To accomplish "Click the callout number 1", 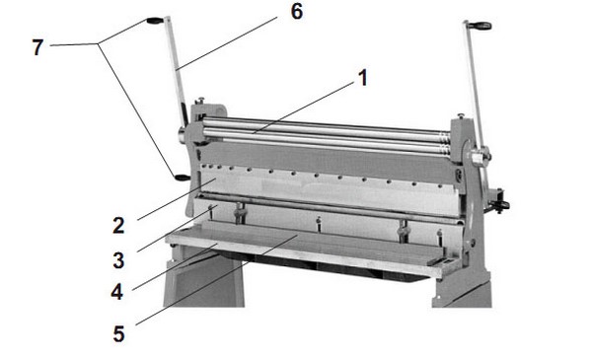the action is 363,78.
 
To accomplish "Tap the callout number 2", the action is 118,225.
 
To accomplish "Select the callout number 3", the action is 118,260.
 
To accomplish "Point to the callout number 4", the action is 117,292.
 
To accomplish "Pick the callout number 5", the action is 118,334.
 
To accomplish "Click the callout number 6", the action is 297,11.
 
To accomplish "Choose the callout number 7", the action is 37,47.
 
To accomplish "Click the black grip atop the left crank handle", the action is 155,21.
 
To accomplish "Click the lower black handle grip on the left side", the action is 183,178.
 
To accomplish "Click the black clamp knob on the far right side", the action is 501,206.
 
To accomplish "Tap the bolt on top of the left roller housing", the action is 199,101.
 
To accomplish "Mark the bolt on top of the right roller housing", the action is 460,115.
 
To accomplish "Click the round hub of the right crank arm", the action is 479,156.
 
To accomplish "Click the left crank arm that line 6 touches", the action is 177,72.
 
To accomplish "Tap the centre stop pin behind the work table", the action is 319,224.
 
